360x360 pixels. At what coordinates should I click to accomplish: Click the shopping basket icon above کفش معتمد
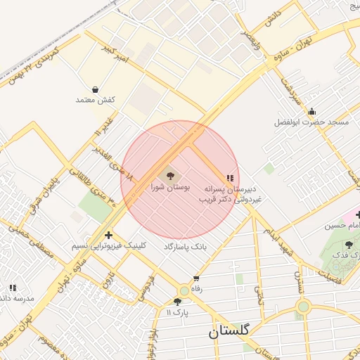(95, 89)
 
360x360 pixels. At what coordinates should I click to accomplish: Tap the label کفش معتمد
(95, 100)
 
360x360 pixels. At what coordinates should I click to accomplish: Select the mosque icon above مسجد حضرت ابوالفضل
(311, 112)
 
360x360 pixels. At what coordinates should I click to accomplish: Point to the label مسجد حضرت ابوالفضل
(311, 122)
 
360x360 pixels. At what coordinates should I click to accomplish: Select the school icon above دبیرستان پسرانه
(229, 179)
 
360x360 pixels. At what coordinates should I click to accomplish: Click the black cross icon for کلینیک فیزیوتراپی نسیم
(108, 235)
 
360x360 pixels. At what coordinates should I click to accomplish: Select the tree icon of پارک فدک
(349, 245)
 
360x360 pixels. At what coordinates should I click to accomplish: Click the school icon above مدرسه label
(13, 288)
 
